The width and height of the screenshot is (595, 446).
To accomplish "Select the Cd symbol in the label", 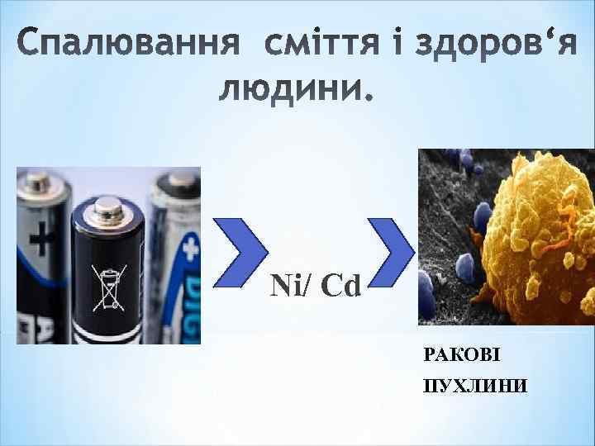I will point(340,287).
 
